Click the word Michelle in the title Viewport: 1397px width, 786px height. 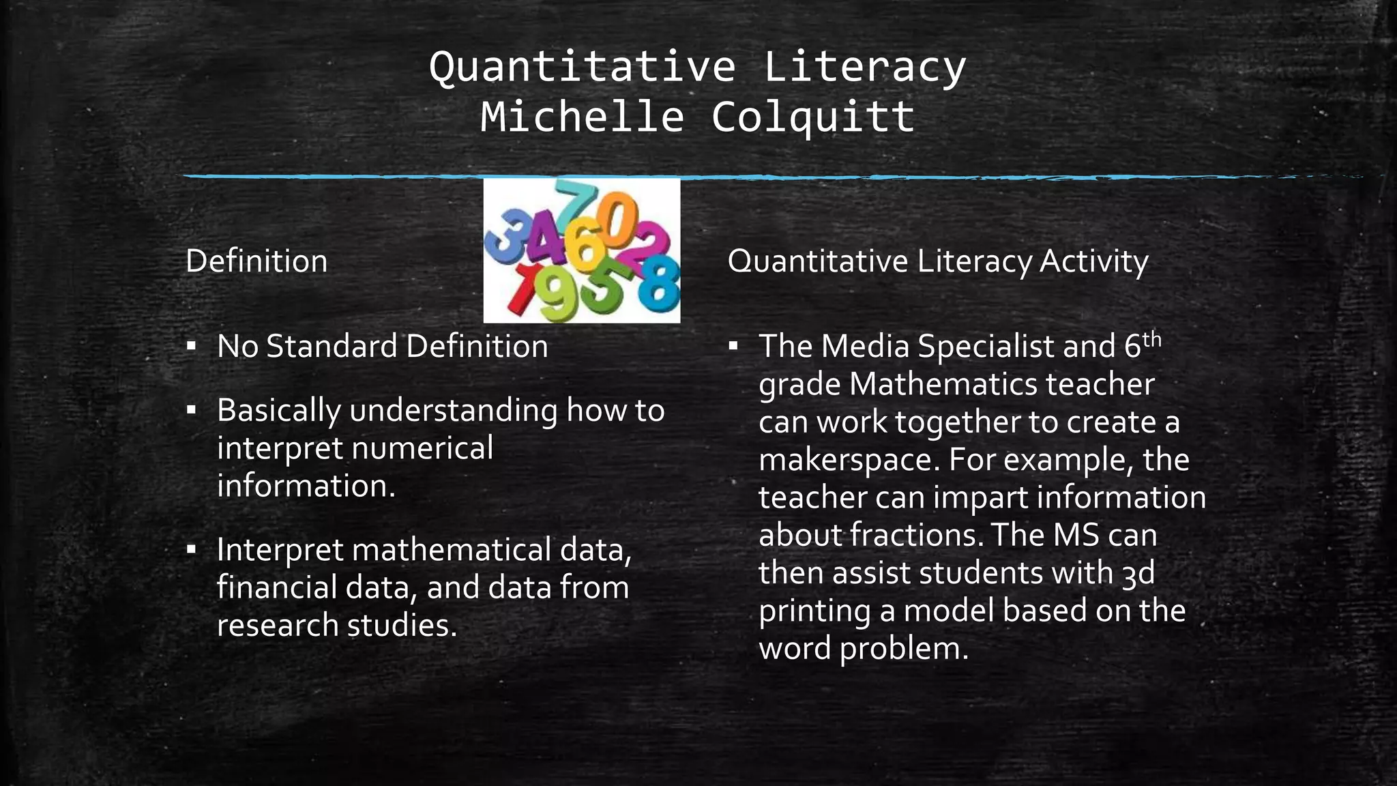tap(582, 117)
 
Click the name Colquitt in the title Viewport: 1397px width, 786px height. tap(812, 117)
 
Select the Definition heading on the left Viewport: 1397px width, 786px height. tap(256, 261)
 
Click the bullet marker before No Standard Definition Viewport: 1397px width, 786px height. tap(192, 346)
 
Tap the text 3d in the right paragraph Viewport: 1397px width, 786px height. tap(1138, 572)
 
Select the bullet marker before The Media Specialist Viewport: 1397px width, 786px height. tap(733, 346)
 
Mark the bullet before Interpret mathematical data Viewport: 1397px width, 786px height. tap(192, 549)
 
